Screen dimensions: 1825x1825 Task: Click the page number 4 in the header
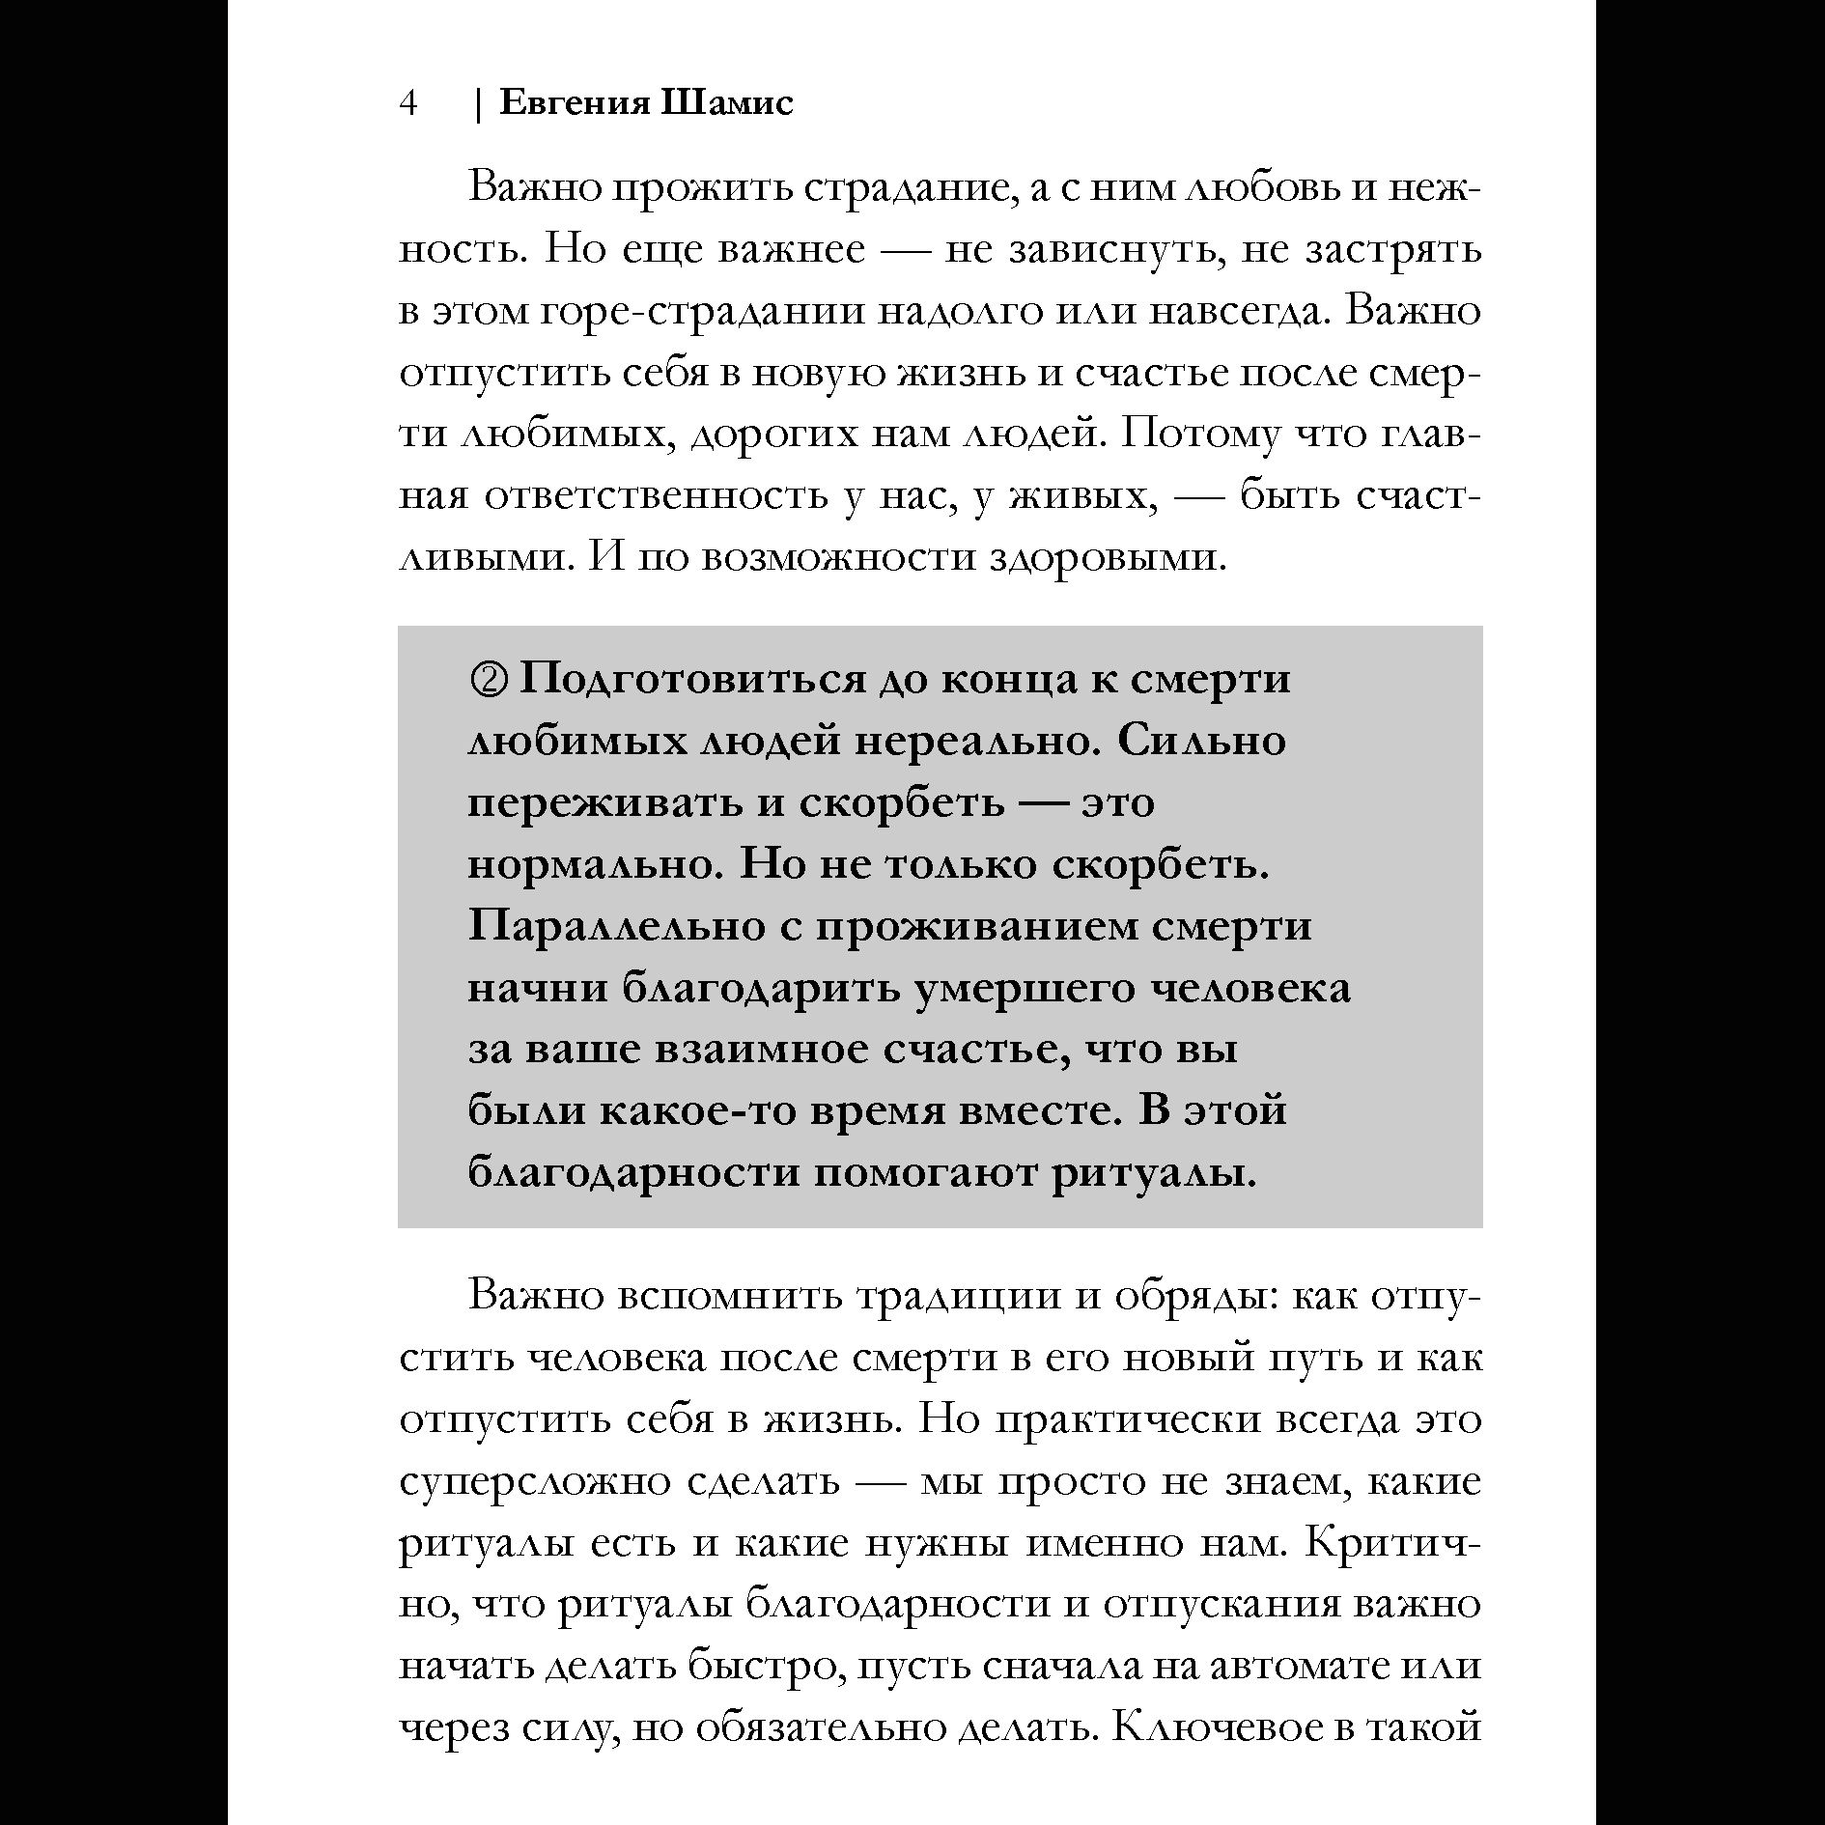(x=408, y=103)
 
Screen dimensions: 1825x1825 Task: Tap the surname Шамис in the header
(x=728, y=103)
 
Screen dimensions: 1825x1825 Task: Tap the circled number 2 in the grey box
(x=488, y=680)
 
